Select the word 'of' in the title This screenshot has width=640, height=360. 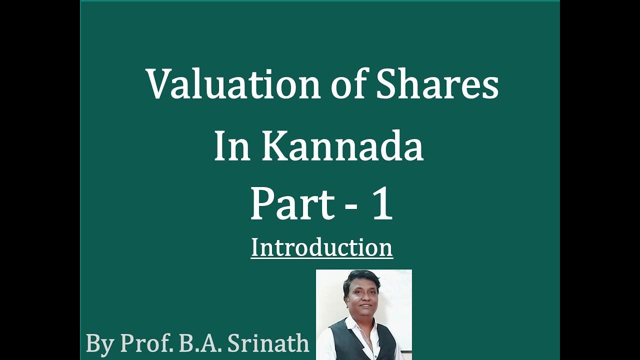[349, 84]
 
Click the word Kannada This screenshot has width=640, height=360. [342, 147]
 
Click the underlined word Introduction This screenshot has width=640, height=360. [321, 247]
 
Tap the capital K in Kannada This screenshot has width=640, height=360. [272, 147]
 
